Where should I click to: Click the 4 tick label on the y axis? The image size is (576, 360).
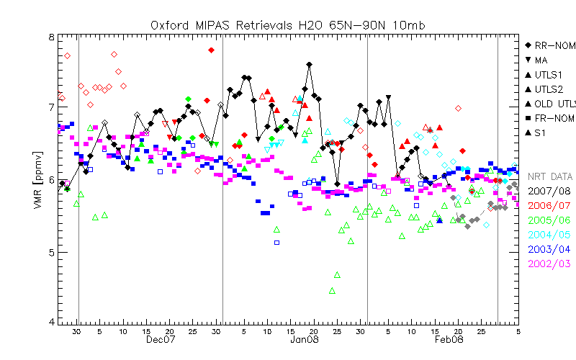pyautogui.click(x=50, y=321)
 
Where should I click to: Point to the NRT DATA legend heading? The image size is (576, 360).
pyautogui.click(x=550, y=176)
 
